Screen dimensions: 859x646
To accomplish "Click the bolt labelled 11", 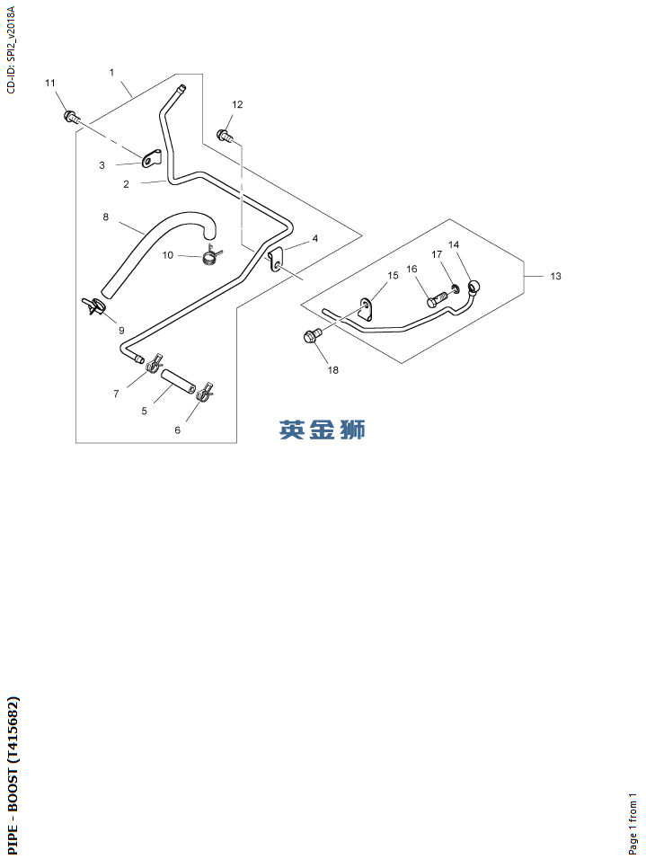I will pos(70,116).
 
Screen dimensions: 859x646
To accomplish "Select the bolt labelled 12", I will pos(224,136).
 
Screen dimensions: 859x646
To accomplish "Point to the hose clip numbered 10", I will pos(211,258).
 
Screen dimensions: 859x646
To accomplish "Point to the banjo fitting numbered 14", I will pos(473,287).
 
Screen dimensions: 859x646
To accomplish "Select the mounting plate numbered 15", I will pos(367,309).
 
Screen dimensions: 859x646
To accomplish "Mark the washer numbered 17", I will pos(456,289).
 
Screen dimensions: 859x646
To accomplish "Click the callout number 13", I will pos(555,276).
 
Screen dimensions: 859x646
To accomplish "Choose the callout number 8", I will pos(105,217).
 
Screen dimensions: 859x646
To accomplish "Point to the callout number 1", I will pos(112,71).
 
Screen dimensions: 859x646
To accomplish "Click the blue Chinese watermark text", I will pos(323,429).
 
